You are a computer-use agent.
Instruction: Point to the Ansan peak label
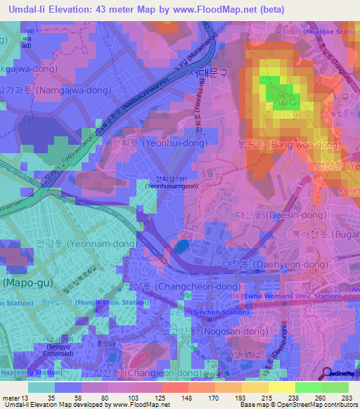click(281, 103)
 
